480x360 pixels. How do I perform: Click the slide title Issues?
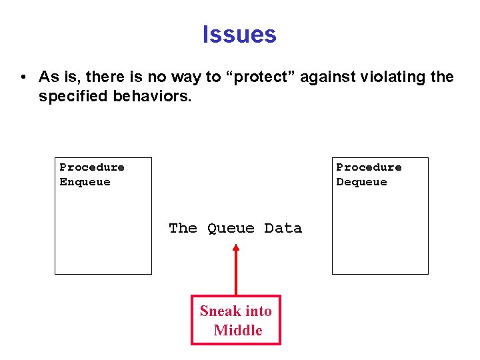239,34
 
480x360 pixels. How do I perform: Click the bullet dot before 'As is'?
23,77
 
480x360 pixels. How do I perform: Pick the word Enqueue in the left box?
85,182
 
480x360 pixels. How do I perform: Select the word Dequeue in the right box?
361,182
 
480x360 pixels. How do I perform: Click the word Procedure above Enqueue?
92,167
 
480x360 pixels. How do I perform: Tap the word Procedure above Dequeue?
369,167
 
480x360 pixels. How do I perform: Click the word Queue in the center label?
231,229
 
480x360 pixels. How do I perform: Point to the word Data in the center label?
283,229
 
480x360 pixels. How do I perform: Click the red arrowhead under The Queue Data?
235,249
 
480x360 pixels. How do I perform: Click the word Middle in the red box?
237,331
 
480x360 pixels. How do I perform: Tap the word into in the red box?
257,311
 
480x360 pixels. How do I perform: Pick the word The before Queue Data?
183,229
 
